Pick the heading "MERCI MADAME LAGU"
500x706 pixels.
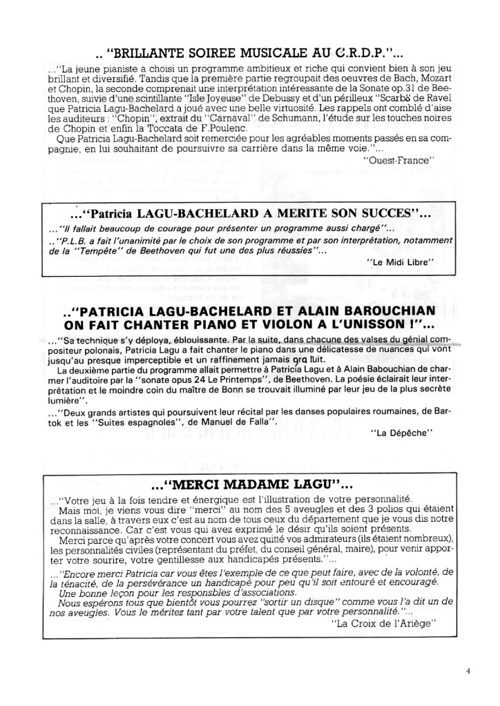click(x=249, y=484)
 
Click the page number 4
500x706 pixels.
click(x=468, y=669)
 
